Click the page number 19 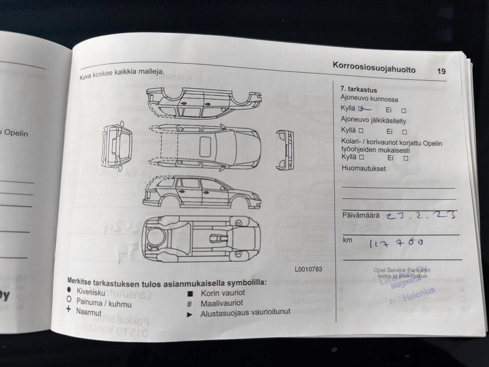click(441, 71)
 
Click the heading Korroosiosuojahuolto click(374, 67)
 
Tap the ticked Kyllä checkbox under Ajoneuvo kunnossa click(360, 109)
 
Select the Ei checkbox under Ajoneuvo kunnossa click(403, 110)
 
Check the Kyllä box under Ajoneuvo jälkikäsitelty click(361, 130)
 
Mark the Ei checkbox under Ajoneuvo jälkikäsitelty click(404, 132)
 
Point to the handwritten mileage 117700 click(396, 243)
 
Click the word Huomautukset click(364, 168)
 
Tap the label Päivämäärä click(361, 215)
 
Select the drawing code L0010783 click(308, 269)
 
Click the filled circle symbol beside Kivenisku click(69, 290)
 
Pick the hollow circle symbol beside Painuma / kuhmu click(69, 299)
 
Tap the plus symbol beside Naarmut click(69, 309)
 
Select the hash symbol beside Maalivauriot click(189, 304)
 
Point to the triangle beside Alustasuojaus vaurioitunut click(189, 315)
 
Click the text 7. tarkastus click(359, 90)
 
